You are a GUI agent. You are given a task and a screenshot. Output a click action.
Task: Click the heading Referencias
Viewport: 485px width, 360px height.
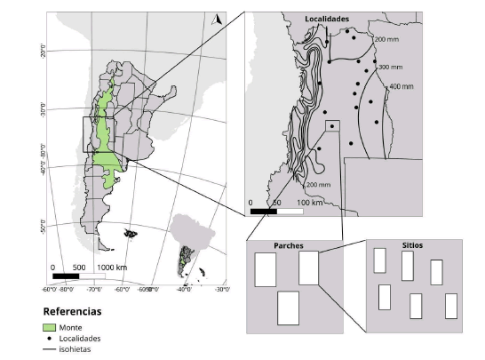(72, 312)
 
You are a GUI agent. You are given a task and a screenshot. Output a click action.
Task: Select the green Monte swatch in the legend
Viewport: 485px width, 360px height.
(51, 328)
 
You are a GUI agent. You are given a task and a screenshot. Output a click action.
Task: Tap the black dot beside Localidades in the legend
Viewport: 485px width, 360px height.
(51, 339)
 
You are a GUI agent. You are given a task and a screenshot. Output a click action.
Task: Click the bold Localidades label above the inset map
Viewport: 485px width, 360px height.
(328, 18)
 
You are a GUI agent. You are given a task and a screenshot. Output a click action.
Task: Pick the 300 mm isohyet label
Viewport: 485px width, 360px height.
(390, 67)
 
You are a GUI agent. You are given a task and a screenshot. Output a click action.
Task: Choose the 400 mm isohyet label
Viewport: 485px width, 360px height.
(402, 87)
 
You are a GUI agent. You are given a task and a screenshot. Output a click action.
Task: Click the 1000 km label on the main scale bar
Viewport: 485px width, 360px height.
(112, 267)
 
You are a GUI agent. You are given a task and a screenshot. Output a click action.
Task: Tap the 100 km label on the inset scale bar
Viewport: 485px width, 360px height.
(310, 203)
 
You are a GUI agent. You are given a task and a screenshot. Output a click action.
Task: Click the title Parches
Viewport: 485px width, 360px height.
(267, 245)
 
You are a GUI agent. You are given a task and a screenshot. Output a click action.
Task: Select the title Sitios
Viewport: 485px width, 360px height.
(403, 244)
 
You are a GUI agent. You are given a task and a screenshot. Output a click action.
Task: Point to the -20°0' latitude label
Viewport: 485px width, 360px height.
(42, 52)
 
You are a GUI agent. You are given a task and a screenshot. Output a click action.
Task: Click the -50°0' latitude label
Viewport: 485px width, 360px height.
(42, 228)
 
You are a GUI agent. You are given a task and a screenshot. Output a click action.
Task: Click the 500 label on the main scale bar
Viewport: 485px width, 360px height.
(78, 267)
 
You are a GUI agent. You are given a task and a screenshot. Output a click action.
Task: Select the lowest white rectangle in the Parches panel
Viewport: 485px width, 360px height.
(289, 308)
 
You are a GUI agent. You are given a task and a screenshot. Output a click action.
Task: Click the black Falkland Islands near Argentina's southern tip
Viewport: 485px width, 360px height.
(131, 234)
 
